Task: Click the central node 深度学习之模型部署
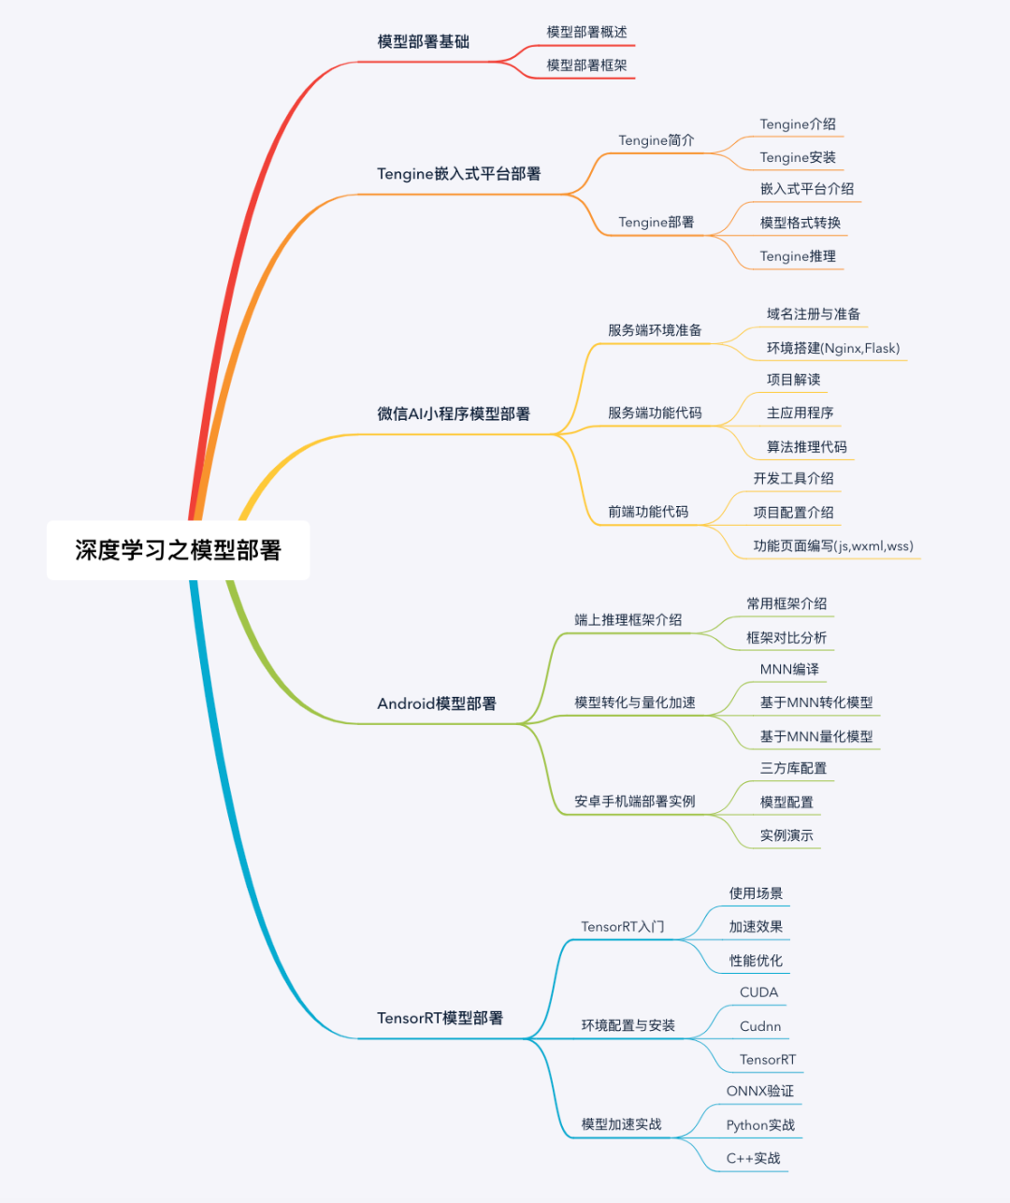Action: coord(178,550)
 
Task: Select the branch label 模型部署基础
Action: coord(423,42)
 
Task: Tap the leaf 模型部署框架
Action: coord(586,65)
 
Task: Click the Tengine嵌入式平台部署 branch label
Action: coord(458,174)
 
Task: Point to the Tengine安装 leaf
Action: coord(798,158)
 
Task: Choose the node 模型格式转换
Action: coord(800,223)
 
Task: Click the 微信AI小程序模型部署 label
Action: coord(454,413)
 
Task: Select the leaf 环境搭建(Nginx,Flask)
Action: coord(832,348)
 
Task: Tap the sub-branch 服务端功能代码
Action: coord(655,413)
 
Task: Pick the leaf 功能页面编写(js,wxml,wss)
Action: coord(833,546)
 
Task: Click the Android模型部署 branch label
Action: coord(437,703)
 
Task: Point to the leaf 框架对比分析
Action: coord(786,638)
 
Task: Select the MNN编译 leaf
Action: coord(789,670)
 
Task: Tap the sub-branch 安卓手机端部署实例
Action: coord(635,802)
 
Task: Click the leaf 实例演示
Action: coord(786,835)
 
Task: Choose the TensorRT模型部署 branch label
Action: coord(440,1018)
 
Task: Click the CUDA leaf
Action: coord(758,993)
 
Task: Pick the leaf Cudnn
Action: coord(759,1026)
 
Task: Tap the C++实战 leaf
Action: coord(753,1158)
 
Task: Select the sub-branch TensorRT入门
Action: coord(622,927)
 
